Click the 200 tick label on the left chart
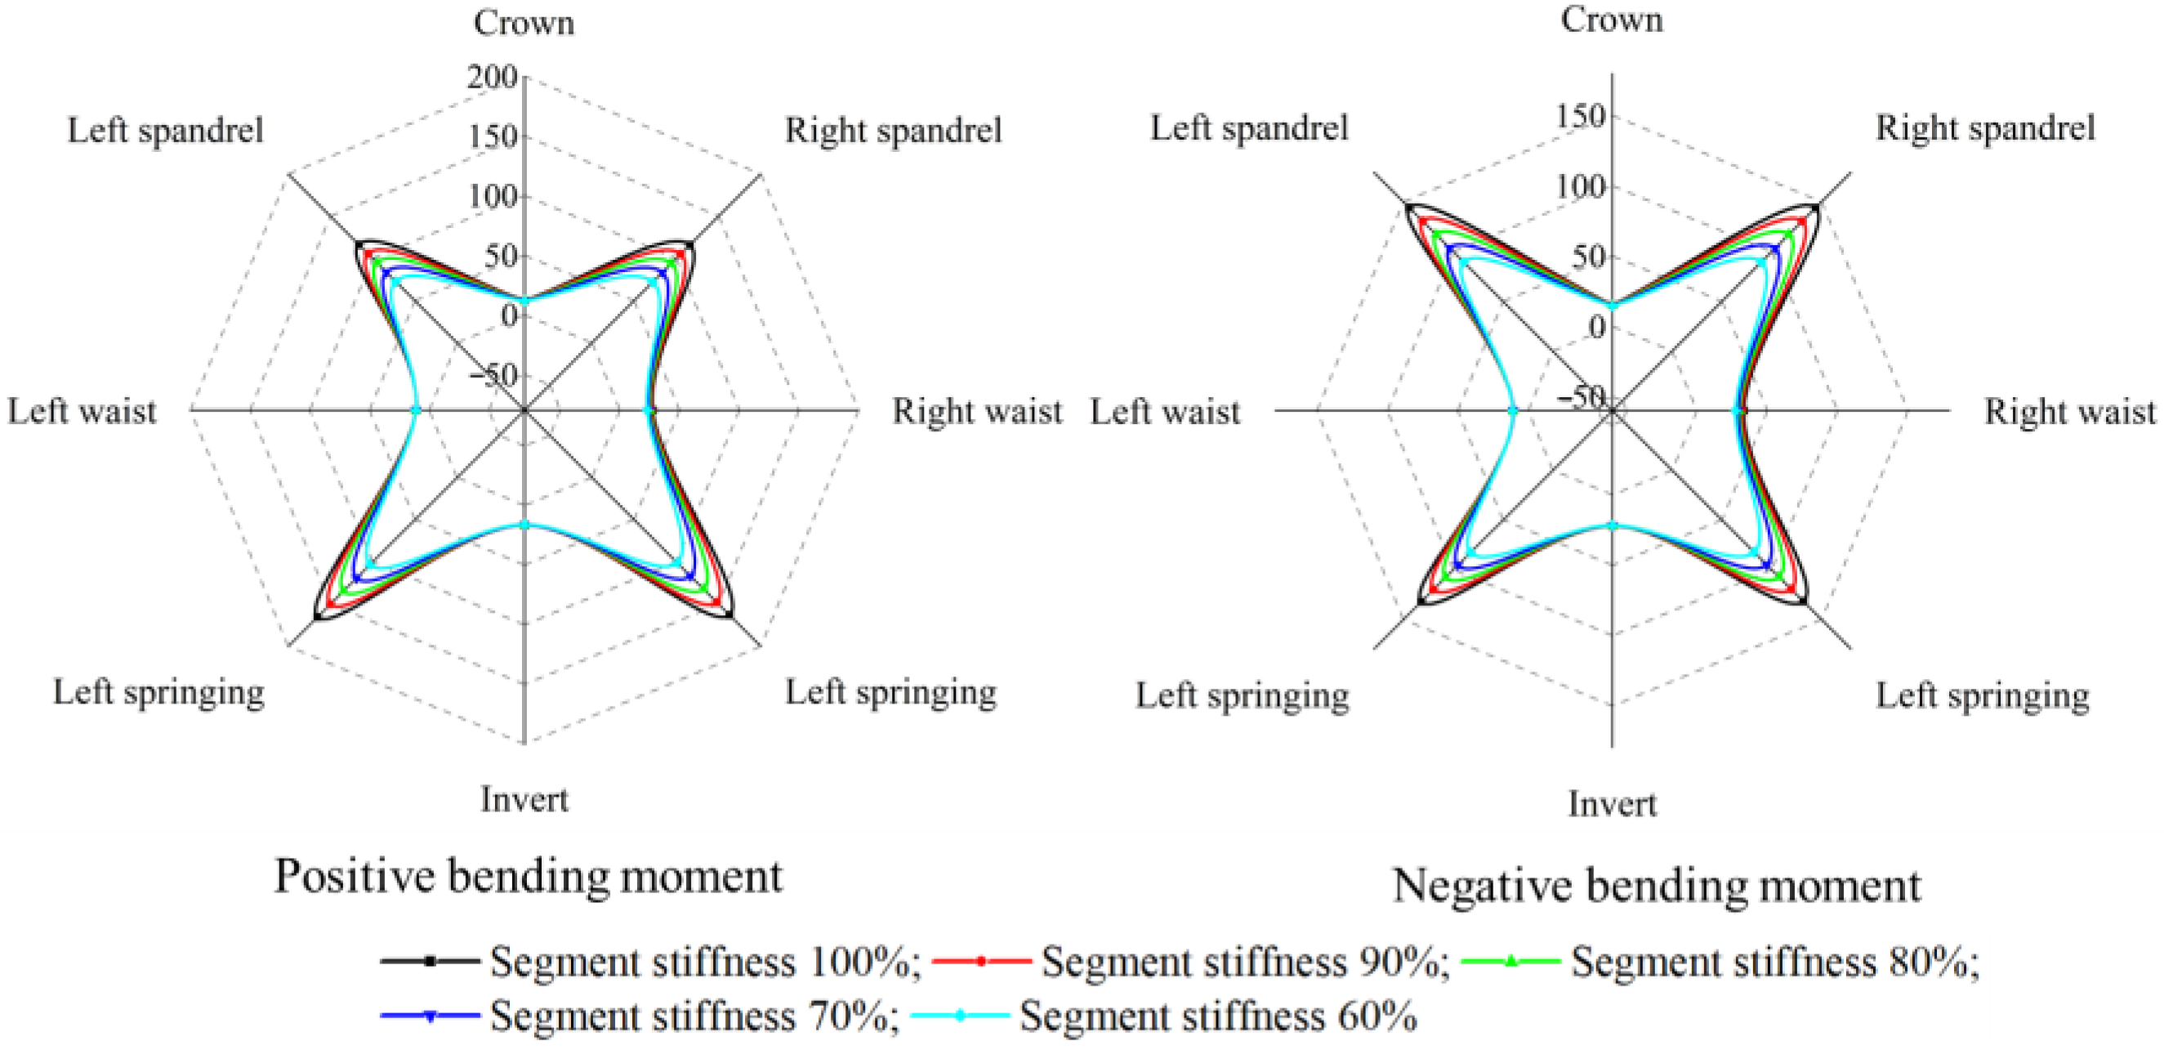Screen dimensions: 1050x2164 493,78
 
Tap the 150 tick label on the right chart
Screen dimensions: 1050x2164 1580,115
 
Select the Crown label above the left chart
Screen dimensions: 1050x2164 524,24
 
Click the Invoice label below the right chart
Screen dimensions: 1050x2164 1612,804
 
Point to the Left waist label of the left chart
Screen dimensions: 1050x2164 83,412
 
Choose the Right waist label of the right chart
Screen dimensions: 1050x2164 2070,412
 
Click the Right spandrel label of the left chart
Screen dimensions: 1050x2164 893,130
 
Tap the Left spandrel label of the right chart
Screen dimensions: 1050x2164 1249,127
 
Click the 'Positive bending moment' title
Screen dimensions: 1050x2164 529,876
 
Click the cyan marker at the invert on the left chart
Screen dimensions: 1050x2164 524,524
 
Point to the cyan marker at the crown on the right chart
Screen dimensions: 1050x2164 1612,306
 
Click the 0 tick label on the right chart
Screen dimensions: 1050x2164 1596,327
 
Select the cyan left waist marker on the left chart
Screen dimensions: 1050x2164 415,411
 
